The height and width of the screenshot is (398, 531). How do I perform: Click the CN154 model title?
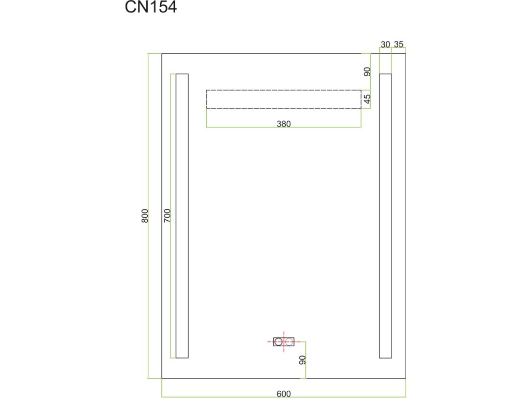(x=151, y=8)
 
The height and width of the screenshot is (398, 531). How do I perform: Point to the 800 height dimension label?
(x=145, y=216)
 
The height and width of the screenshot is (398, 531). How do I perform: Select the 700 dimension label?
(x=167, y=216)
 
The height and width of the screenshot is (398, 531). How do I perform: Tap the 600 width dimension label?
(x=283, y=393)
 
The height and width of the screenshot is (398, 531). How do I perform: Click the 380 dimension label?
(x=284, y=124)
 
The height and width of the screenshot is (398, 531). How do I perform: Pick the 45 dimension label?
(x=367, y=98)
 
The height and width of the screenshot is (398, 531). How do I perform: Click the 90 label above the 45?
(x=367, y=72)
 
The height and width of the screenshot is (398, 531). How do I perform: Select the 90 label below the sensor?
(x=303, y=360)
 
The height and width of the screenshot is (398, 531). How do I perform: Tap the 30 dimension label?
(x=385, y=45)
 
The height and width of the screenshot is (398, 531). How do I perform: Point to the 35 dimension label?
(x=398, y=45)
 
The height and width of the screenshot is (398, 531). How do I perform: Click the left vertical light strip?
(x=182, y=216)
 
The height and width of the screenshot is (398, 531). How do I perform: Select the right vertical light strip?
(x=385, y=216)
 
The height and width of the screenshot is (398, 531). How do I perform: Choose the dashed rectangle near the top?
(x=284, y=99)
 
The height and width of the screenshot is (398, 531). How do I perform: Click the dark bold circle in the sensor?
(x=279, y=342)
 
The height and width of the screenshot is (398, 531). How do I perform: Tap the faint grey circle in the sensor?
(x=288, y=342)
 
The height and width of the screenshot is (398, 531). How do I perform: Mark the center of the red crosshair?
(x=284, y=342)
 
